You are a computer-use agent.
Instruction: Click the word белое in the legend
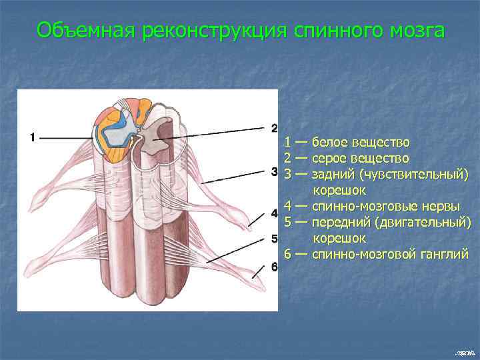pyautogui.click(x=329, y=142)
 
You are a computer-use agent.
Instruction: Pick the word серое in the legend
pyautogui.click(x=329, y=159)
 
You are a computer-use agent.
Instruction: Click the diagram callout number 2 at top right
pyautogui.click(x=274, y=127)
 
